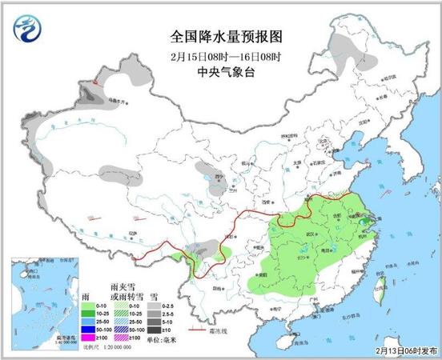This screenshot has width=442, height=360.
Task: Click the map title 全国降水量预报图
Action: pyautogui.click(x=222, y=37)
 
